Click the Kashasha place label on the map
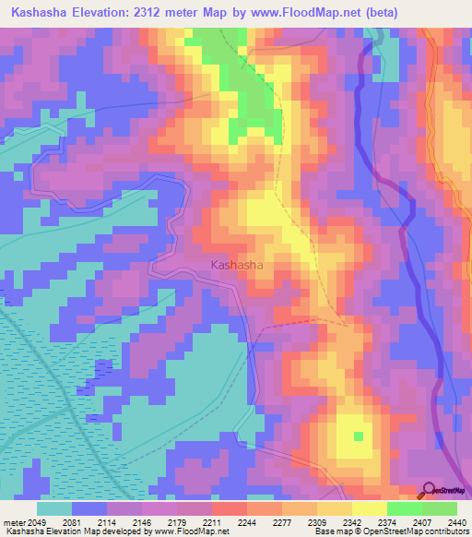pos(237,265)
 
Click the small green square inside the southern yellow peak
pos(358,436)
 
